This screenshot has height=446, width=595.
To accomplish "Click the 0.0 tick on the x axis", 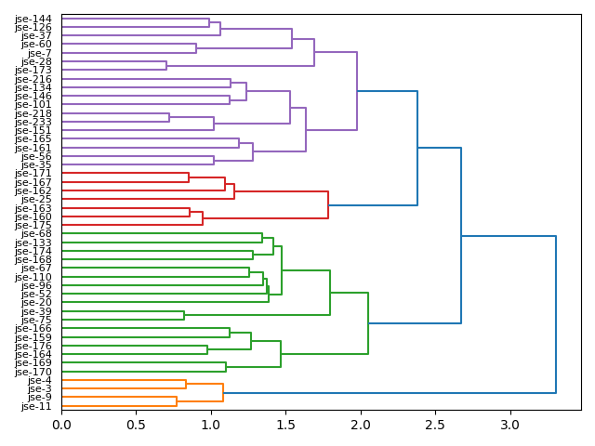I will pyautogui.click(x=61, y=425).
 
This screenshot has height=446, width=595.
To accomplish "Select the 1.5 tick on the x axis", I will pyautogui.click(x=285, y=425).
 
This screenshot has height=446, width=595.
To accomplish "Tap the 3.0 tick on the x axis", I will pyautogui.click(x=510, y=425).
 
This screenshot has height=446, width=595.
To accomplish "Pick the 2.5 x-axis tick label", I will pyautogui.click(x=435, y=425).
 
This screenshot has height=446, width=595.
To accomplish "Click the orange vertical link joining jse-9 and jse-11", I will pyautogui.click(x=177, y=401).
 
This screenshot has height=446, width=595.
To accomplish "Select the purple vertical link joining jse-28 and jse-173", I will pyautogui.click(x=166, y=66).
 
